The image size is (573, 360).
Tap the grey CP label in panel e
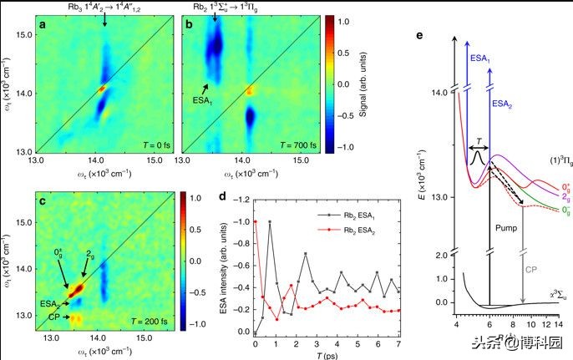[x=530, y=269]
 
